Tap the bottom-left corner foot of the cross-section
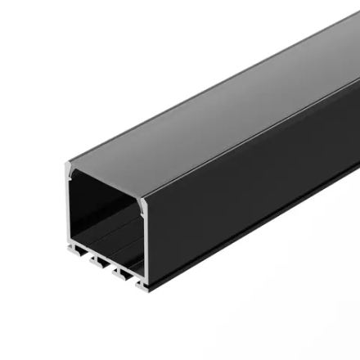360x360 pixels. (70, 250)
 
